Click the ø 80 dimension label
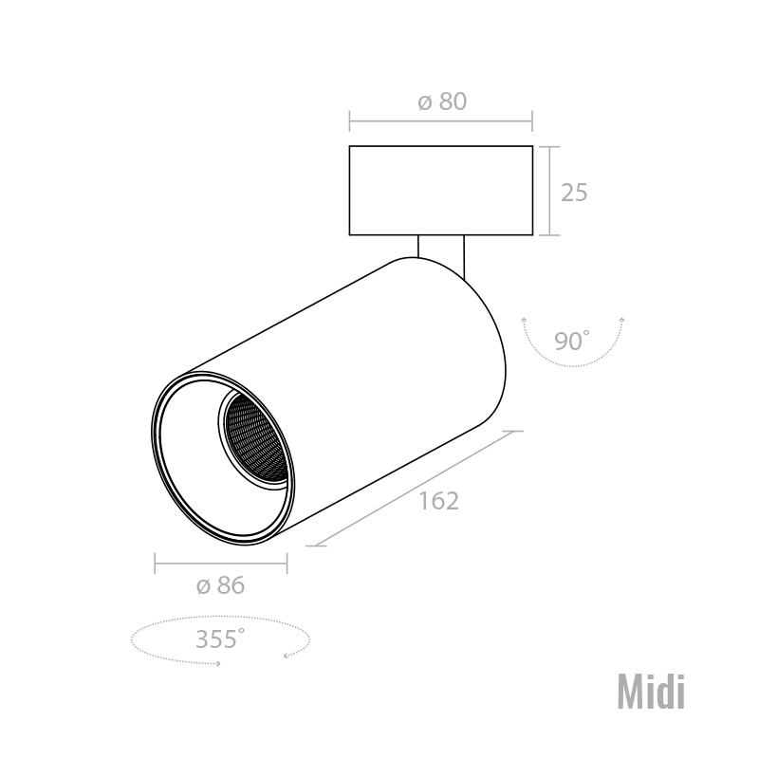[442, 102]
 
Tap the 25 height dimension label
[574, 193]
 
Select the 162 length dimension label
[438, 501]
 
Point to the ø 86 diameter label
[221, 585]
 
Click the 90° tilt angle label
[572, 341]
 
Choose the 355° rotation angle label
[220, 639]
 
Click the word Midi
[651, 693]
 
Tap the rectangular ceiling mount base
[441, 191]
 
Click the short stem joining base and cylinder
[441, 251]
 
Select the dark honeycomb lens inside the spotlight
[255, 439]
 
